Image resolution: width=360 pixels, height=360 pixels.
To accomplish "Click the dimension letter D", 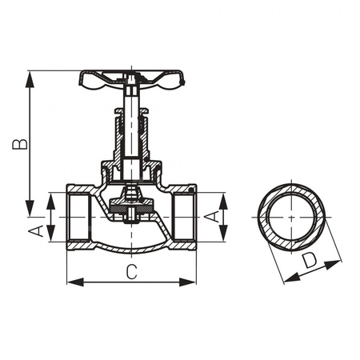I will (310, 260).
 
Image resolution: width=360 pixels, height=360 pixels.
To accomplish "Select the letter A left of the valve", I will (35, 231).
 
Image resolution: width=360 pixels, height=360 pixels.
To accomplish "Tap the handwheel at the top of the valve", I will (132, 78).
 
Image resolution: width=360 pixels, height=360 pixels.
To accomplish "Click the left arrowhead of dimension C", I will (70, 281).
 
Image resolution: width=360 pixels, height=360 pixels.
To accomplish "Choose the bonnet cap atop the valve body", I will (131, 170).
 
